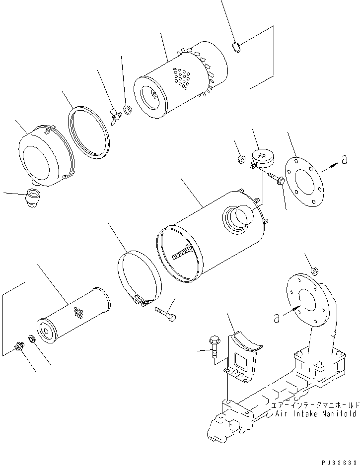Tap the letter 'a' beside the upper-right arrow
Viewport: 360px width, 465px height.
pyautogui.click(x=345, y=159)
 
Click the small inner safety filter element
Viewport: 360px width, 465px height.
pyautogui.click(x=73, y=315)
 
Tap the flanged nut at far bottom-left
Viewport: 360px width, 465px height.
pyautogui.click(x=19, y=346)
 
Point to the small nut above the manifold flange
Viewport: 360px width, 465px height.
pyautogui.click(x=314, y=270)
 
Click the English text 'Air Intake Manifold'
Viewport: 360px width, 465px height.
pyautogui.click(x=315, y=413)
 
